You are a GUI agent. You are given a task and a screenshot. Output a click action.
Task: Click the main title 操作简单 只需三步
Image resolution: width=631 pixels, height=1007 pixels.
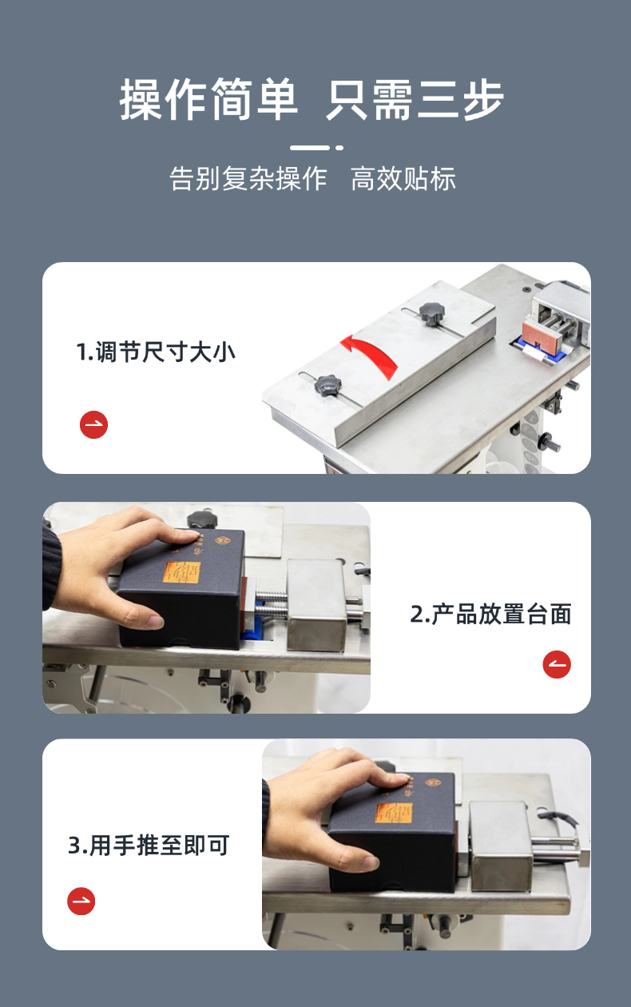(x=312, y=99)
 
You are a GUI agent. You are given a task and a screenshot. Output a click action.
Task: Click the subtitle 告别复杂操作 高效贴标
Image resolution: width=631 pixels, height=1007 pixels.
(x=313, y=178)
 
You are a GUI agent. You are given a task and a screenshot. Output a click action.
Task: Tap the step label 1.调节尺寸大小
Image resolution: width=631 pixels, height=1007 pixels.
(x=156, y=352)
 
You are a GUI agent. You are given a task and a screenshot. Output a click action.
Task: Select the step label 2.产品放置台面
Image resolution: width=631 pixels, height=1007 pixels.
(x=490, y=614)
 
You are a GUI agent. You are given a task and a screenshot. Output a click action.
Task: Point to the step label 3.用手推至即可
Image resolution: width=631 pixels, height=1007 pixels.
(x=149, y=846)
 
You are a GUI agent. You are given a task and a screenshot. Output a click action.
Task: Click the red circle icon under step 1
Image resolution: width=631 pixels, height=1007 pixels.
(x=94, y=425)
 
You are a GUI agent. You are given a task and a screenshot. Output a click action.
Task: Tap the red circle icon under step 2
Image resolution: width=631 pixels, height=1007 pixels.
(x=557, y=664)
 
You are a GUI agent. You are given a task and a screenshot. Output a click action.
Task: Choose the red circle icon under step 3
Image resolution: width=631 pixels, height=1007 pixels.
(x=81, y=902)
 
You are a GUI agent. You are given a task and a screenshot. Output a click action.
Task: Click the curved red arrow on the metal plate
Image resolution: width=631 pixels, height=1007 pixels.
(x=371, y=353)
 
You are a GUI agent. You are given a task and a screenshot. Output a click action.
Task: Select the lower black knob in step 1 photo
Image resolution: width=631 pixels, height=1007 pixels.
(x=327, y=386)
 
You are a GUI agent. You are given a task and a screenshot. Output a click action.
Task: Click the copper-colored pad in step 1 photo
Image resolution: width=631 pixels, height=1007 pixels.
(x=542, y=336)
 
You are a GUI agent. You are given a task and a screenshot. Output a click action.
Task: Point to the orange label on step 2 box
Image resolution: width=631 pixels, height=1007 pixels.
(x=182, y=573)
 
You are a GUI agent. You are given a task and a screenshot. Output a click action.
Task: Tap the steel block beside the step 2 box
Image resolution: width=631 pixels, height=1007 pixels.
(x=317, y=605)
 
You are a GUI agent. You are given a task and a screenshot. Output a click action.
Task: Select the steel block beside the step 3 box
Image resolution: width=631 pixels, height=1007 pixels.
(x=501, y=848)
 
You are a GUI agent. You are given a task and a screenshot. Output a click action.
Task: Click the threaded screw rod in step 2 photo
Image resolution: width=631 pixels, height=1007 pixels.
(x=272, y=605)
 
